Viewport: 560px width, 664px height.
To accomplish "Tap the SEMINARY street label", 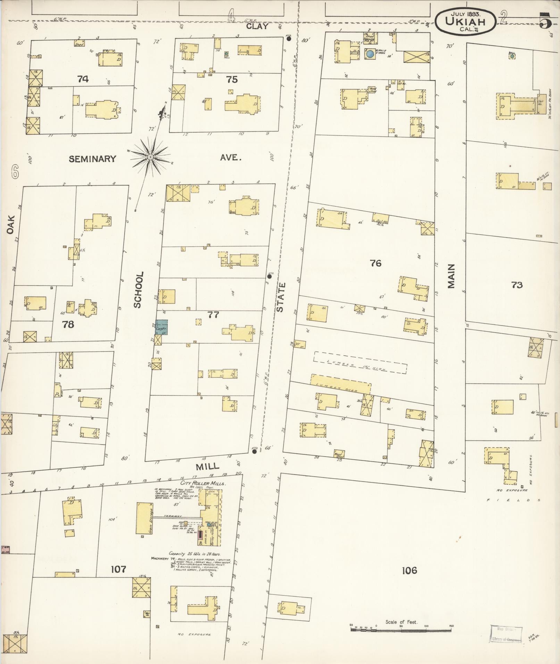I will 92,159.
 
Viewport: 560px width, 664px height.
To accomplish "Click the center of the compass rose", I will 150,157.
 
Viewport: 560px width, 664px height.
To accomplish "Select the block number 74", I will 83,79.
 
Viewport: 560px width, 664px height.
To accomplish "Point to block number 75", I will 232,79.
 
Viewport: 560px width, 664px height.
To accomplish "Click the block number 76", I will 375,263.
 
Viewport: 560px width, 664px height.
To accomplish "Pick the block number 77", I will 213,315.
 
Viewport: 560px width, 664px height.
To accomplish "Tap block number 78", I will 68,325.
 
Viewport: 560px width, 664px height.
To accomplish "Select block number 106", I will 409,570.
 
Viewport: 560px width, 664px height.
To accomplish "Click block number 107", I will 118,569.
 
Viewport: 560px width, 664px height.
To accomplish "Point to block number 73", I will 517,285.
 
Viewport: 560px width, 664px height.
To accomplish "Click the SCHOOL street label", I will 137,290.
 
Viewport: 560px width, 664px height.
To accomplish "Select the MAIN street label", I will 451,276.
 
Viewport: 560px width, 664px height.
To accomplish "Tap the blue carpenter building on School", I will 161,327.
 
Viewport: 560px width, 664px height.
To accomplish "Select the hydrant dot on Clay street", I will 289,39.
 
